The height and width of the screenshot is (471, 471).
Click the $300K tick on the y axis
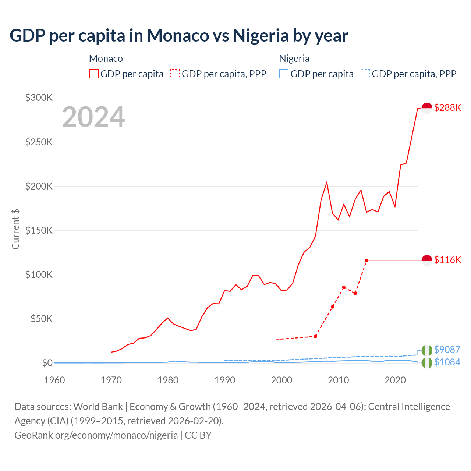(x=39, y=98)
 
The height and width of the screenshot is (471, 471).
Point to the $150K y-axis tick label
(x=39, y=231)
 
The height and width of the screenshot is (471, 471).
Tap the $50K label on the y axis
(x=41, y=319)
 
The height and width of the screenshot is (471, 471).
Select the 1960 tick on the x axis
(x=54, y=380)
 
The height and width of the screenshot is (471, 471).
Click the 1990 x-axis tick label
(x=225, y=380)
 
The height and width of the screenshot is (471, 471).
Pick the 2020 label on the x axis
(x=395, y=380)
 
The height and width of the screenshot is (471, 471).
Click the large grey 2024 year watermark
(x=93, y=117)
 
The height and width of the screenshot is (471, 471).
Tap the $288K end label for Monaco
(x=447, y=108)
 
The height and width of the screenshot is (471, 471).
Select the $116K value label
(x=447, y=260)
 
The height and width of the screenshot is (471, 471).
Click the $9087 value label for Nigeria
(x=447, y=350)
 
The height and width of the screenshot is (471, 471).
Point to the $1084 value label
(x=447, y=362)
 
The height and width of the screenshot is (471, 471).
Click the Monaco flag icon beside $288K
(x=427, y=108)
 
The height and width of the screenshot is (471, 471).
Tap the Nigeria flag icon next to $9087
(x=427, y=350)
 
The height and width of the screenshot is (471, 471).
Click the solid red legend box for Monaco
(x=94, y=74)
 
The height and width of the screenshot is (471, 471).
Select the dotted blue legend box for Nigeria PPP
(x=365, y=74)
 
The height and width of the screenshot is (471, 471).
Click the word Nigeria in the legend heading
(x=294, y=59)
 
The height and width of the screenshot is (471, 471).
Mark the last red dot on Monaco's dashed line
(x=366, y=261)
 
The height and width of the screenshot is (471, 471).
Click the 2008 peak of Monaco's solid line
(x=327, y=183)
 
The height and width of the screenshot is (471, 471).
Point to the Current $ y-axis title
(x=15, y=229)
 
